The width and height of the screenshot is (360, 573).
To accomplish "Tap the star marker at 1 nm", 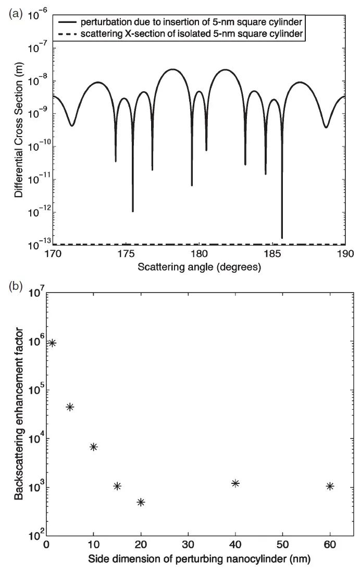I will pyautogui.click(x=52, y=343).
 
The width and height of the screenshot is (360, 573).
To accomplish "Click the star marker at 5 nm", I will pyautogui.click(x=70, y=407).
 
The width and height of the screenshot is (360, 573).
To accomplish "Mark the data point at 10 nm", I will pyautogui.click(x=94, y=447).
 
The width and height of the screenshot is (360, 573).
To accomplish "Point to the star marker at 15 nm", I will pyautogui.click(x=117, y=486).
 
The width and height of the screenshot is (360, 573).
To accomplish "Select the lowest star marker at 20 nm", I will pyautogui.click(x=141, y=502).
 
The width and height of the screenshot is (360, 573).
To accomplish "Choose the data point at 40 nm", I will pyautogui.click(x=235, y=483).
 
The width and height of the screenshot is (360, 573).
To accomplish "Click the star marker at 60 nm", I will pyautogui.click(x=330, y=486).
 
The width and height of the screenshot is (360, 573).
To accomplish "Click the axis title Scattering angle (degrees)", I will pyautogui.click(x=199, y=267).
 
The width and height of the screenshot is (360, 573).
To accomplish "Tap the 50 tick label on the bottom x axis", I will pyautogui.click(x=282, y=547).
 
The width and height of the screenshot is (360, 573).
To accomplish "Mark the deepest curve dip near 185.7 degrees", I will pyautogui.click(x=282, y=237).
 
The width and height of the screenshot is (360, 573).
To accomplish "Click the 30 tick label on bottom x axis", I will pyautogui.click(x=188, y=547).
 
